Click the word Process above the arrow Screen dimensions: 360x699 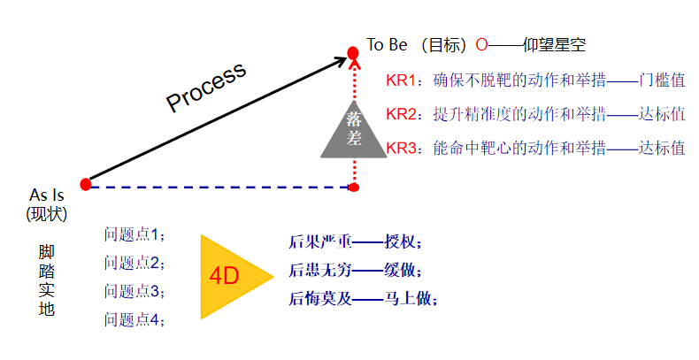coord(206,88)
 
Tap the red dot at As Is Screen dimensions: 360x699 coord(86,184)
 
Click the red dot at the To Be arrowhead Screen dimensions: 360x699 coord(353,54)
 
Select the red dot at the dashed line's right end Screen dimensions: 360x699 coord(354,187)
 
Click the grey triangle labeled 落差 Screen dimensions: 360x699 coord(354,132)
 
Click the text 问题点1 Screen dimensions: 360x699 coord(134,234)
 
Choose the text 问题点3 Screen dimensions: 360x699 coord(134,290)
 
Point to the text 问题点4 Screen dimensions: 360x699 coord(134,318)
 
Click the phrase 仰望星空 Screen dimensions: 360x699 coord(554,44)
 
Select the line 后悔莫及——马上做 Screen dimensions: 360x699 coord(363,299)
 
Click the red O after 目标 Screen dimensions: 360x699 coord(481,44)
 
